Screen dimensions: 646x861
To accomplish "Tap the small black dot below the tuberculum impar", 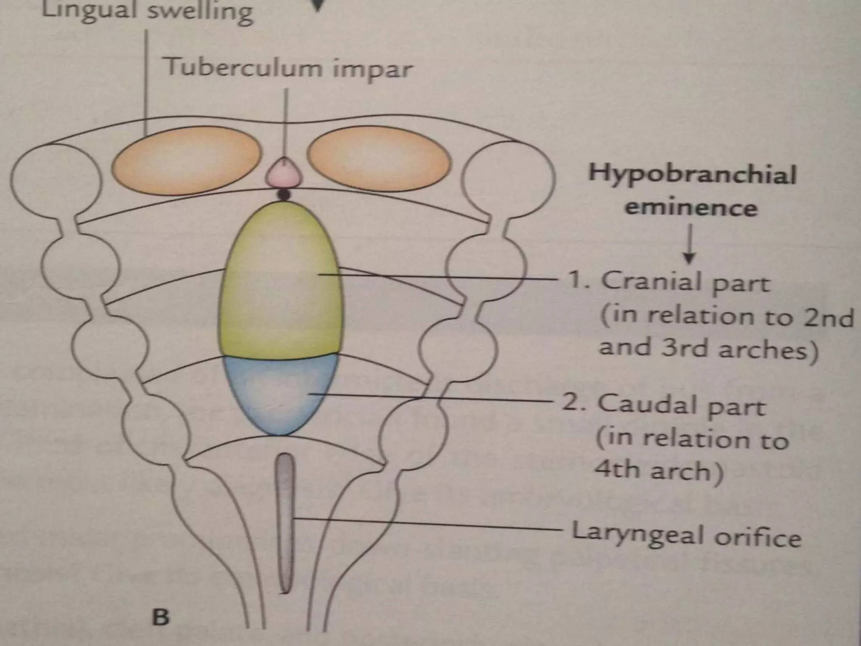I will [284, 195].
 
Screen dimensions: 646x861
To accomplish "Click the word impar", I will [372, 70].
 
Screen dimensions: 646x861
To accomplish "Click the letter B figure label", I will [161, 617].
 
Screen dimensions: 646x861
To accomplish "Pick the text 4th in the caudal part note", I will [616, 469].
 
